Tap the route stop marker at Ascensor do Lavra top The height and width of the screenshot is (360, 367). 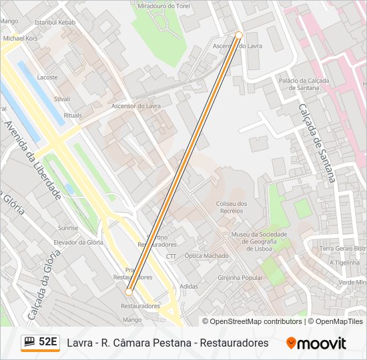click(239, 35)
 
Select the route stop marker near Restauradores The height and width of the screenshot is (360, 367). click(129, 291)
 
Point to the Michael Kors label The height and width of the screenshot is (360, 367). click(21, 39)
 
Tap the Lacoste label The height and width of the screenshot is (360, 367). click(47, 77)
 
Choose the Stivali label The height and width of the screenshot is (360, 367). click(62, 99)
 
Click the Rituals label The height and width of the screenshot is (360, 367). click(73, 115)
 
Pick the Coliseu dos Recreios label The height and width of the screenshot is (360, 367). click(232, 207)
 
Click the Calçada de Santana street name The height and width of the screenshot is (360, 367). click(315, 143)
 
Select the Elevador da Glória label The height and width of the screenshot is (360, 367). click(79, 242)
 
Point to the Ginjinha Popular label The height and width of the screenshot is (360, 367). click(241, 277)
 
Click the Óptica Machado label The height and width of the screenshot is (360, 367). click(206, 256)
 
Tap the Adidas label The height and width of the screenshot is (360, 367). click(189, 287)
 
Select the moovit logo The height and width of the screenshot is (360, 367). click(316, 343)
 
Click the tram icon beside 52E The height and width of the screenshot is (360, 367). click(29, 342)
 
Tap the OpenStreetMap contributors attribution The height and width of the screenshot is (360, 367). click(256, 321)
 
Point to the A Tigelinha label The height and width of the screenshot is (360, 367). click(344, 263)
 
